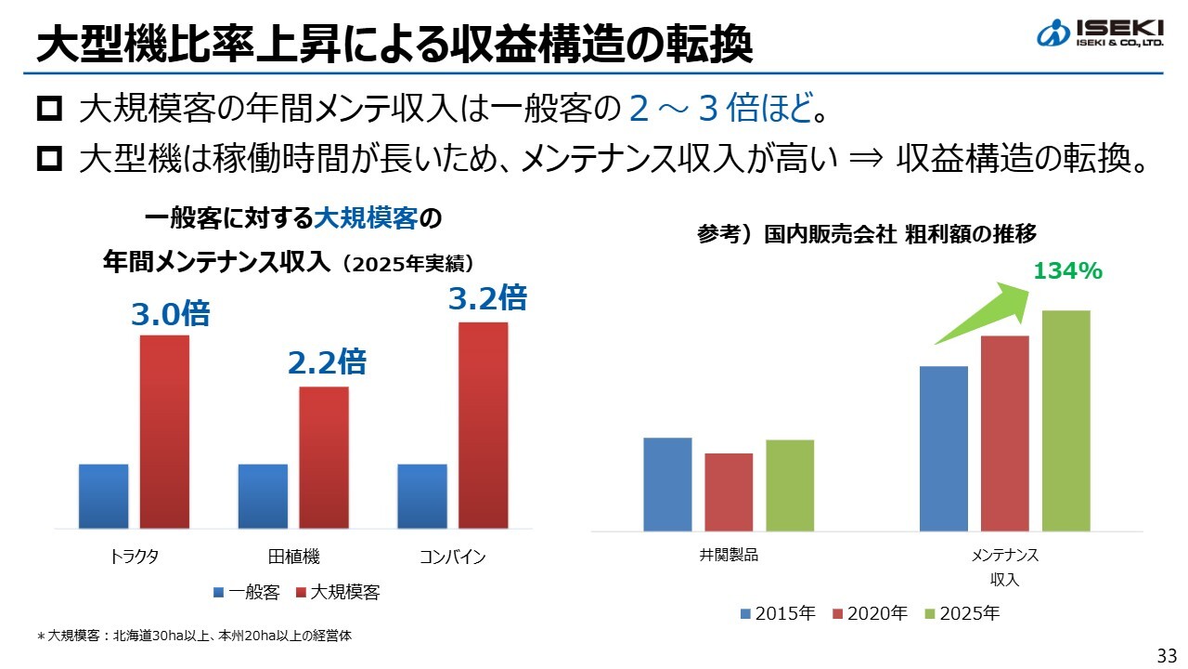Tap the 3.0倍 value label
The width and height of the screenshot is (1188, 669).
click(170, 314)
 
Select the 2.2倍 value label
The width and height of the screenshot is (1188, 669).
click(327, 361)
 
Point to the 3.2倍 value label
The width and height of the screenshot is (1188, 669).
click(487, 298)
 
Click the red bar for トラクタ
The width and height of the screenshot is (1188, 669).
click(164, 431)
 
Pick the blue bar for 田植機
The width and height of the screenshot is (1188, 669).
click(263, 495)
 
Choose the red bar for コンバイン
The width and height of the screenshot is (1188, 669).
click(484, 425)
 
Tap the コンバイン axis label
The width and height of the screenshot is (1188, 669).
click(452, 557)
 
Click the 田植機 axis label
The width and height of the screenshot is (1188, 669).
click(293, 557)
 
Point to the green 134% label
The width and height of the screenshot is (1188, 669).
click(1067, 271)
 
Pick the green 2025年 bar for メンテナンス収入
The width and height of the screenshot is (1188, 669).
click(1065, 420)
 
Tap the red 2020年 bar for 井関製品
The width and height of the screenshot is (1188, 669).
click(729, 492)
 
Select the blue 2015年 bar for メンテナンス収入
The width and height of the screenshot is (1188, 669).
click(943, 448)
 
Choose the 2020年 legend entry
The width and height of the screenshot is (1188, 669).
click(872, 613)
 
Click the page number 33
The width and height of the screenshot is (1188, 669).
click(1167, 655)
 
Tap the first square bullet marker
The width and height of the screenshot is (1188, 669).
click(49, 111)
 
